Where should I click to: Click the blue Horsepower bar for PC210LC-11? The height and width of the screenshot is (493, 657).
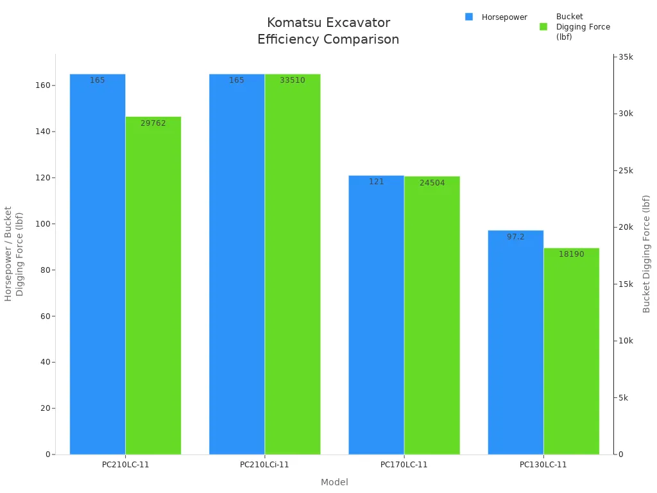pos(98,263)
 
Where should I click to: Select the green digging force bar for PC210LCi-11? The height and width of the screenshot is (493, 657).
pos(293,263)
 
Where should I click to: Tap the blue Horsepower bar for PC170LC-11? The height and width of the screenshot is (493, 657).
pos(376,315)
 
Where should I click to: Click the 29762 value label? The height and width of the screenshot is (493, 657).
pos(153,123)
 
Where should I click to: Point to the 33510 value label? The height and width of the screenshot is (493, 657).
pos(293,80)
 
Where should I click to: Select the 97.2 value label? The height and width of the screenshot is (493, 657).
pos(516,237)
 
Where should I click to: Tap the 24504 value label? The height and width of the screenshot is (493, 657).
pos(432,183)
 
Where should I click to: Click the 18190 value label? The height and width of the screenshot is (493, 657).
pos(571,254)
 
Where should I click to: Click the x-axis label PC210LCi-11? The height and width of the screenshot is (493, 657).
pos(264,465)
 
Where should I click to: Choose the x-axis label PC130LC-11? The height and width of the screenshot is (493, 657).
pos(543,465)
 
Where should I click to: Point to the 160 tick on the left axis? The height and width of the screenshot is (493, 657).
pos(45,85)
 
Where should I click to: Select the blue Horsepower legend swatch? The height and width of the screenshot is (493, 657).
pos(469,17)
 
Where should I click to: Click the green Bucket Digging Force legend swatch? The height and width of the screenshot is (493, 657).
pos(543,26)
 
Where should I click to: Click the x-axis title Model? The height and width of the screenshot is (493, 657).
pos(334,482)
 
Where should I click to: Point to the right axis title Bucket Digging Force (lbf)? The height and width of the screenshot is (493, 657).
pos(647,254)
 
